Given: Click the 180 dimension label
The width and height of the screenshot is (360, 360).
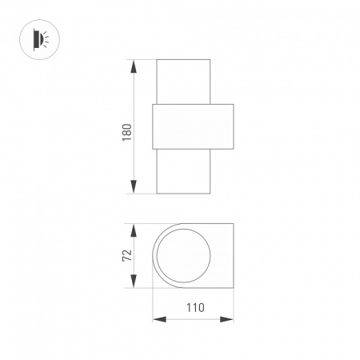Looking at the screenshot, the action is tap(127, 132).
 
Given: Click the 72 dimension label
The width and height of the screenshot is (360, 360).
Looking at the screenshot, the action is tap(127, 255).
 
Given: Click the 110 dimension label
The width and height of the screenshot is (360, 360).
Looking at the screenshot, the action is tap(195, 307).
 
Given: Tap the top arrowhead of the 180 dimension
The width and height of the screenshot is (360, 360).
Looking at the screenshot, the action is tap(134, 66).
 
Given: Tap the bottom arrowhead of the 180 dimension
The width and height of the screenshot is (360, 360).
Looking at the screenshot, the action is tap(134, 186).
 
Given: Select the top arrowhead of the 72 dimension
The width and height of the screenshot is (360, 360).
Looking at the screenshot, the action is tap(134, 230).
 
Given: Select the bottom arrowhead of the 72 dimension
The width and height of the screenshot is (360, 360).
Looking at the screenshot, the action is tap(134, 281).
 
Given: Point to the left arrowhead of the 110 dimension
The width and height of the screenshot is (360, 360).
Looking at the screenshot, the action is tap(159, 319).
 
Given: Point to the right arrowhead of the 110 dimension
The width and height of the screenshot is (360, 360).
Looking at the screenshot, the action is tap(226, 319).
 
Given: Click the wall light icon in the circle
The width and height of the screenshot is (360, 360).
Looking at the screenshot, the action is tap(41, 39).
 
